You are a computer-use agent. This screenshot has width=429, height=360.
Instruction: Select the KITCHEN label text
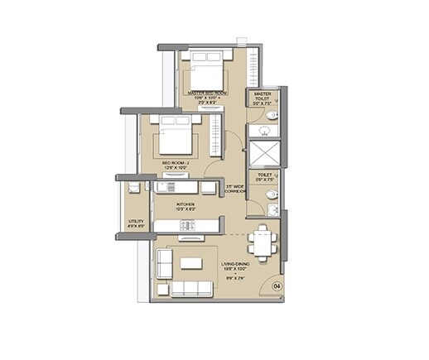(x=186, y=204)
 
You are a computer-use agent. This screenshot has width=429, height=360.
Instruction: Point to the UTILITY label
(x=135, y=221)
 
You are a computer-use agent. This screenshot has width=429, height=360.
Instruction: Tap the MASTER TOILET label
(x=263, y=97)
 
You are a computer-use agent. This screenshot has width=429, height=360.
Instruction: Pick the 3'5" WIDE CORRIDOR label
(x=237, y=190)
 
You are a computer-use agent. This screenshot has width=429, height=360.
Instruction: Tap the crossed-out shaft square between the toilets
(x=268, y=156)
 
